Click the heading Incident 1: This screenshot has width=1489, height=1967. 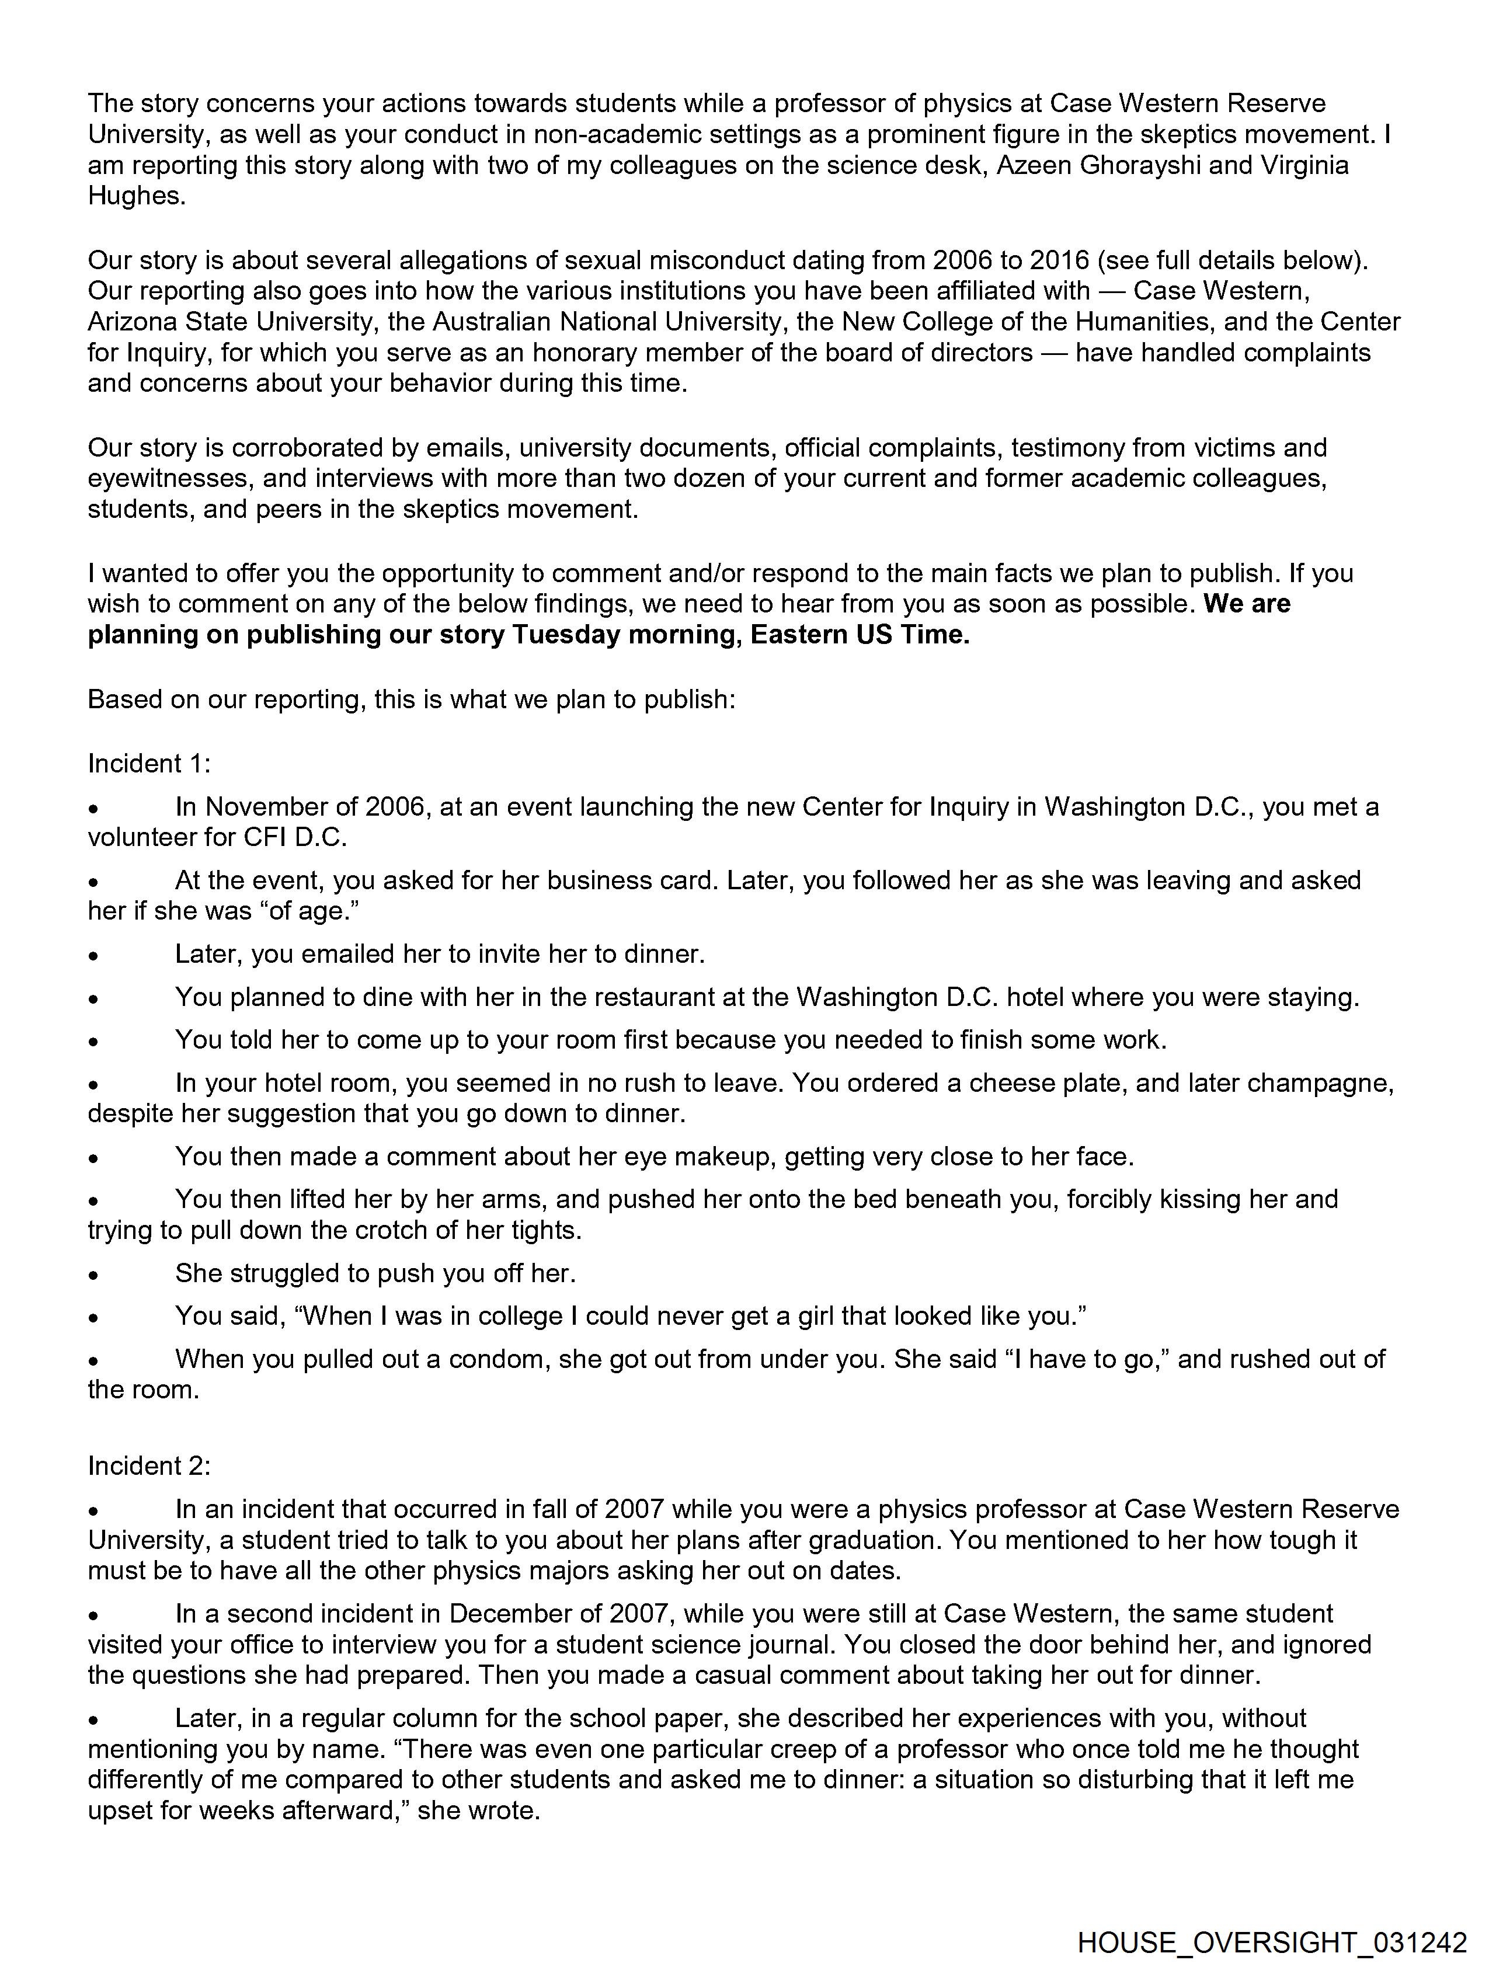(148, 763)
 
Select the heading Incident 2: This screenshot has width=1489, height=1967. (148, 1465)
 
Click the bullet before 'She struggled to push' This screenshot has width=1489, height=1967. (92, 1275)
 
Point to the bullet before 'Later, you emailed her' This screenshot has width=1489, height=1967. (92, 956)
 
